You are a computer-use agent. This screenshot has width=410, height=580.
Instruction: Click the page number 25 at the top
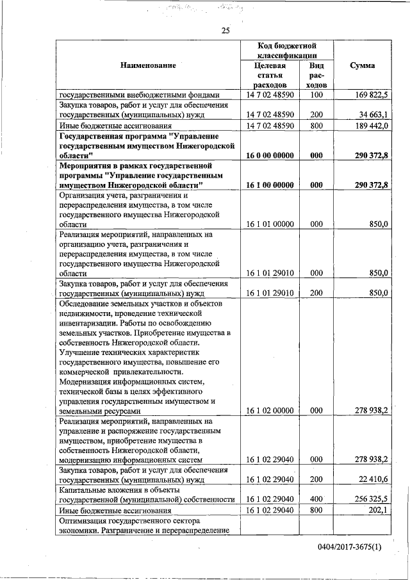tap(225, 30)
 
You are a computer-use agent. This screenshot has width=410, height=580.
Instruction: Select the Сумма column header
tap(362, 65)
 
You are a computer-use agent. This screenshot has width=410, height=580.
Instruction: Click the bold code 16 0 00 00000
tap(269, 156)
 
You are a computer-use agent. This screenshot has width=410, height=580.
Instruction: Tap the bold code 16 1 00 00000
tap(269, 185)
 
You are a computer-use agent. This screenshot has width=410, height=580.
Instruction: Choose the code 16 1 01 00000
tap(269, 224)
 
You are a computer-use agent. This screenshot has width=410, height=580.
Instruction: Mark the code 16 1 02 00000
tap(269, 411)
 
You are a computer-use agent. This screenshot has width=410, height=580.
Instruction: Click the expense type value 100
tap(315, 95)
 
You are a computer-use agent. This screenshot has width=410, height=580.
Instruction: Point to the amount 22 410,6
tap(370, 479)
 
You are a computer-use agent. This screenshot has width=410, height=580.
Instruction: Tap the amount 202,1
tap(376, 510)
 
